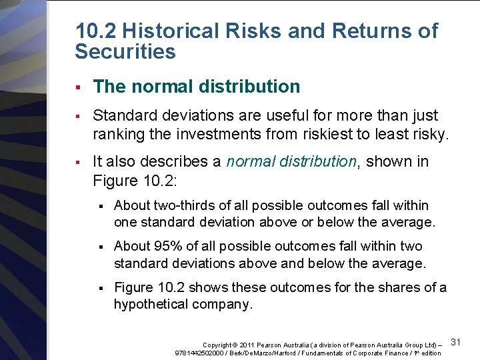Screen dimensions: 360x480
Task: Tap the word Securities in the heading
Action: [x=125, y=51]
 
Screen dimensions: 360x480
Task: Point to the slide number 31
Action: [x=457, y=342]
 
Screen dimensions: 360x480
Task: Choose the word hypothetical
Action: [x=154, y=304]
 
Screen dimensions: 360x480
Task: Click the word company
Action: [x=224, y=304]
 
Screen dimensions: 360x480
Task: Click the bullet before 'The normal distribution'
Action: [x=78, y=87]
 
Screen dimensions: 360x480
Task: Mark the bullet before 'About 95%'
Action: [x=101, y=247]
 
